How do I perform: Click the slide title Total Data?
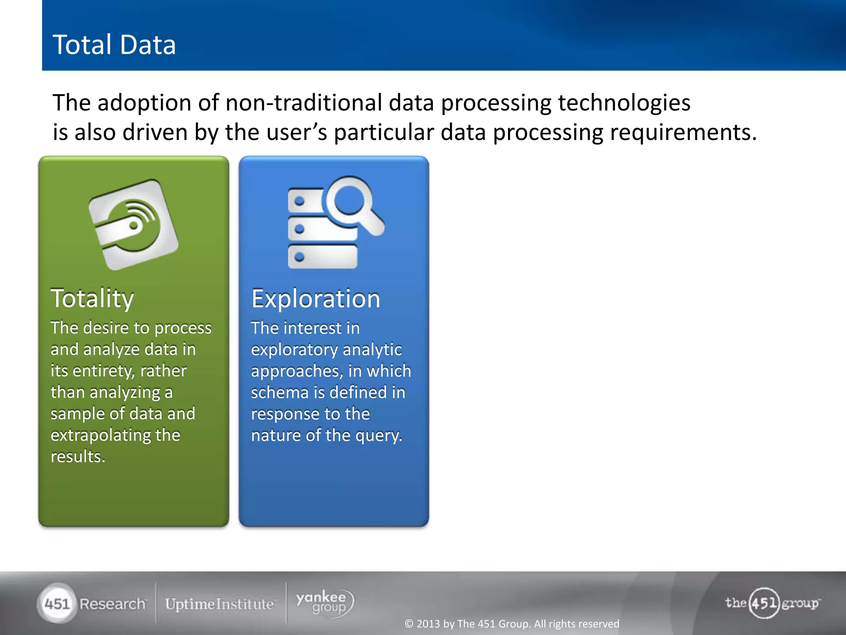(x=114, y=45)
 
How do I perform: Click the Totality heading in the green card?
(x=92, y=298)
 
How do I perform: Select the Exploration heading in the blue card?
(x=316, y=298)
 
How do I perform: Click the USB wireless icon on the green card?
(x=133, y=224)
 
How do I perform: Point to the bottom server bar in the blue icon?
(x=323, y=257)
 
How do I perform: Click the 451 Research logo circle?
(x=57, y=604)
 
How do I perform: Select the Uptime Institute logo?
(x=219, y=604)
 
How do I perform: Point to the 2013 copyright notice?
(x=511, y=623)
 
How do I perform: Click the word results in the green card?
(x=77, y=456)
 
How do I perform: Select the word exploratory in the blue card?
(x=294, y=350)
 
